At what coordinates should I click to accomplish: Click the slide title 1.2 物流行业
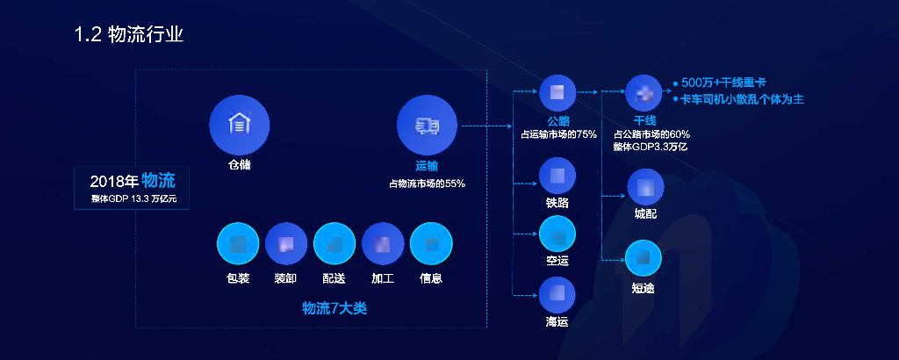pos(129,35)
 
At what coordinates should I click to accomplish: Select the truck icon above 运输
pos(427,126)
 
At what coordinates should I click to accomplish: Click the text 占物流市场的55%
pos(427,184)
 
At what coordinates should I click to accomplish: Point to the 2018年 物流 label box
pos(133,188)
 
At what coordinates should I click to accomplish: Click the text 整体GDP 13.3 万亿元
pos(133,199)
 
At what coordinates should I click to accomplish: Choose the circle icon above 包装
pos(238,244)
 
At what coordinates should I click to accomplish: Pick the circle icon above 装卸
pos(285,244)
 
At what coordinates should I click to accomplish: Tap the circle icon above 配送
pos(334,244)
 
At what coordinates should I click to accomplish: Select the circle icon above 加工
pos(382,244)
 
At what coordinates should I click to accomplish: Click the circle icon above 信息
pos(431,244)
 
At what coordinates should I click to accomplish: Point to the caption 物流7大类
pos(334,308)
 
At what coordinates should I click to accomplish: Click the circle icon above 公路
pos(557,92)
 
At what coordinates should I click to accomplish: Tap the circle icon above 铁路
pos(557,176)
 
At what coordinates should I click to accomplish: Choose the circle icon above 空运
pos(557,234)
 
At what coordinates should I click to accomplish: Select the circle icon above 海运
pos(557,295)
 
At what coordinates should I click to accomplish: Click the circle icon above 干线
pos(644,93)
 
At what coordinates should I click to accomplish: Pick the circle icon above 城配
pos(645,187)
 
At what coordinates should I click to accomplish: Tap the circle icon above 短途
pos(643,258)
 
